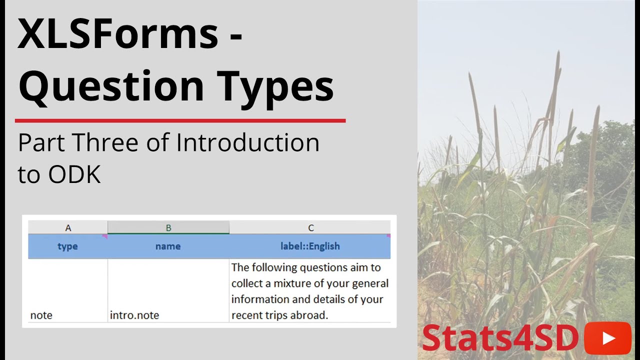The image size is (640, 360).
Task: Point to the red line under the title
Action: click(x=180, y=120)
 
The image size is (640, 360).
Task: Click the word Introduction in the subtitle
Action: click(x=248, y=143)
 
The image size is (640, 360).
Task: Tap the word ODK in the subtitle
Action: click(x=75, y=175)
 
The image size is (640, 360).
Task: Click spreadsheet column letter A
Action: click(x=68, y=228)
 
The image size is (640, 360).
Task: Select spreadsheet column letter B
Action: click(x=168, y=228)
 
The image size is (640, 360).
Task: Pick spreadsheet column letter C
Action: click(x=310, y=228)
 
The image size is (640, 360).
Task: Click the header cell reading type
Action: click(x=68, y=246)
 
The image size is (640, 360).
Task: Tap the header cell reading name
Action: click(x=168, y=246)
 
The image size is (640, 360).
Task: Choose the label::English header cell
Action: click(x=310, y=246)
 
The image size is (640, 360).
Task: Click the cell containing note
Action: click(x=41, y=315)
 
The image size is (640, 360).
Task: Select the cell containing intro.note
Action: click(x=134, y=315)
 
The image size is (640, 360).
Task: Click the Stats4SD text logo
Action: click(x=500, y=338)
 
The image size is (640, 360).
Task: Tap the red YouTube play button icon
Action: click(x=607, y=338)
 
